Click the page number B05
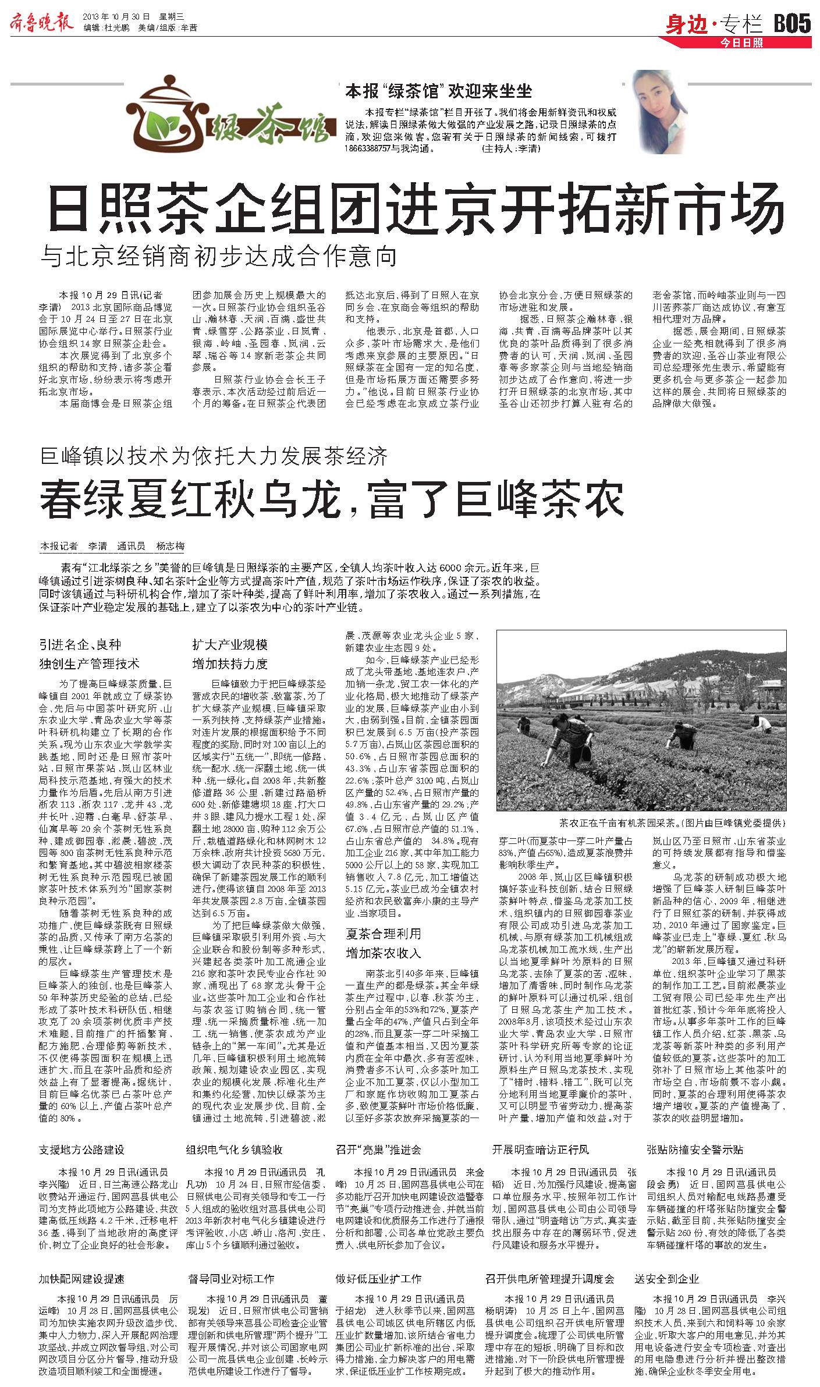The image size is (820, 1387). [791, 24]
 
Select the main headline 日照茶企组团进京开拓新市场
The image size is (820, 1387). [416, 208]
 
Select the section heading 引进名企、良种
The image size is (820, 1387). [80, 644]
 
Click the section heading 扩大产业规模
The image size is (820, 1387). [230, 644]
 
